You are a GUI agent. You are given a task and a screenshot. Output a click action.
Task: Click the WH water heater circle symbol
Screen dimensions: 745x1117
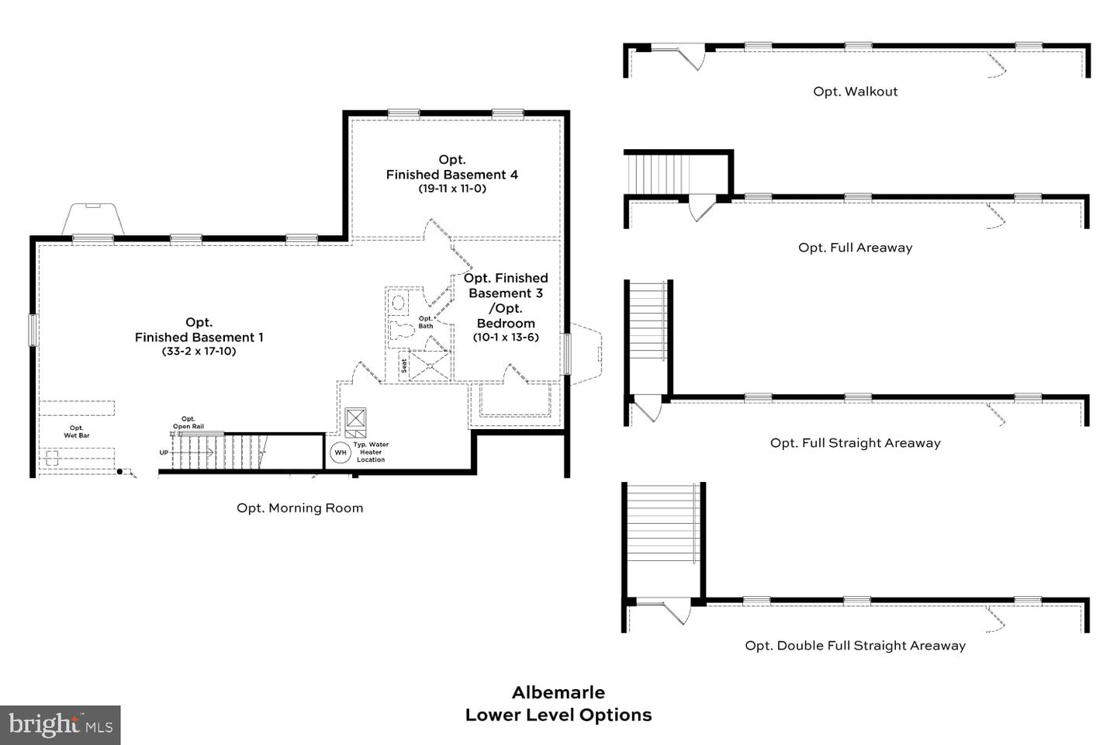point(341,452)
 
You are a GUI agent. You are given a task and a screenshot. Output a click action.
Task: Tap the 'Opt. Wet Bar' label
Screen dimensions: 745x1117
point(76,431)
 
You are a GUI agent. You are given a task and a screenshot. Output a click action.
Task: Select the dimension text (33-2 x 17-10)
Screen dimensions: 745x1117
point(199,352)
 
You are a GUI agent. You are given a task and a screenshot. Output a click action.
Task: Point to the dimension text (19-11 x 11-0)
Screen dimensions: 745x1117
point(452,189)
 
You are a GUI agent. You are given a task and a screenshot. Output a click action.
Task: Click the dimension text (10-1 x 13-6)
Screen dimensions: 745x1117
point(506,338)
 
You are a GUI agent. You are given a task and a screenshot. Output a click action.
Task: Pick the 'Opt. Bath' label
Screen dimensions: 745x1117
point(426,322)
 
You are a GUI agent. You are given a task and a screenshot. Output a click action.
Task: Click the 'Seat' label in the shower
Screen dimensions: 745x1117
point(404,365)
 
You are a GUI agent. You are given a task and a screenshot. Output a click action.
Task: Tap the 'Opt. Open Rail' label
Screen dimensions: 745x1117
point(188,422)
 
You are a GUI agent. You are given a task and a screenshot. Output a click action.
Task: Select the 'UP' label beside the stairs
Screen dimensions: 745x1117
point(164,452)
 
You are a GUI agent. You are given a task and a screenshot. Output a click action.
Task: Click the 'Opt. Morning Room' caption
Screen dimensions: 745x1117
point(299,508)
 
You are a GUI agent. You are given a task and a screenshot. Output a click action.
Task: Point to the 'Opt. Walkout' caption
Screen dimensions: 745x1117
point(855,92)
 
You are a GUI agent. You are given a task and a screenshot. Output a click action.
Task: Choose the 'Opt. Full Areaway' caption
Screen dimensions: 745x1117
point(855,248)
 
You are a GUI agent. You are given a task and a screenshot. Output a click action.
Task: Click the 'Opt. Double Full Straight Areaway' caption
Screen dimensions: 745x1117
point(855,646)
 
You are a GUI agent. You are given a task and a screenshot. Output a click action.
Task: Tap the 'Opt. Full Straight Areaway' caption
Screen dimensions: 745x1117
point(855,443)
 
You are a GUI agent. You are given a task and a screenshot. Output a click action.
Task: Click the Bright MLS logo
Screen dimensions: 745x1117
point(61,726)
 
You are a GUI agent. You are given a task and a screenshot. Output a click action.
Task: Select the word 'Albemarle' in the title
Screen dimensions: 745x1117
point(558,692)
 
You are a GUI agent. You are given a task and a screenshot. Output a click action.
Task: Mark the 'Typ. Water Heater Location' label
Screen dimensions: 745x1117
point(371,452)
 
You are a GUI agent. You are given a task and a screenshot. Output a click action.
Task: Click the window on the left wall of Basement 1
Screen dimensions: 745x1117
point(33,330)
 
